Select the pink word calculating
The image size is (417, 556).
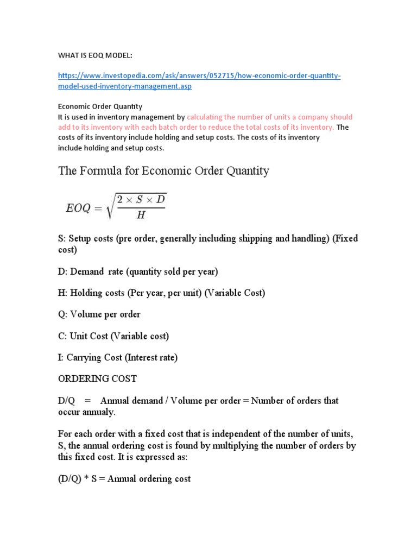tap(208, 117)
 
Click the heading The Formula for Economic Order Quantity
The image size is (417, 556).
tap(163, 171)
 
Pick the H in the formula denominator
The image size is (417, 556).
tap(141, 215)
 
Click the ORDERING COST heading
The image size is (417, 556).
tap(98, 378)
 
